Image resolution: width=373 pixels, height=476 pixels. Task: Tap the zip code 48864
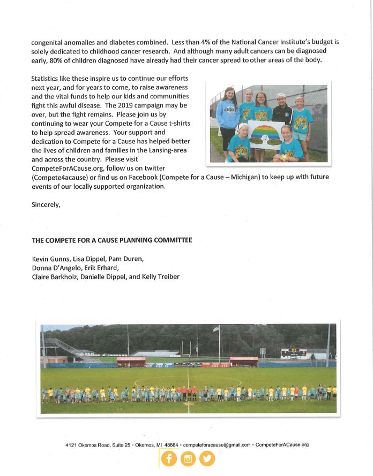tap(171, 445)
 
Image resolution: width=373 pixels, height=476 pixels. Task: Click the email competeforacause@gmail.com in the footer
tap(217, 445)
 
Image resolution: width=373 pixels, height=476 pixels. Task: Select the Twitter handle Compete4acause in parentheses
tap(58, 176)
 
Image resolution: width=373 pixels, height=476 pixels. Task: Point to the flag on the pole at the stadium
tap(217, 328)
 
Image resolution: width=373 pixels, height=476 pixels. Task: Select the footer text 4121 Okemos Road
tap(86, 445)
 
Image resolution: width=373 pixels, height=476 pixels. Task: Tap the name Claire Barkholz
tap(57, 277)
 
